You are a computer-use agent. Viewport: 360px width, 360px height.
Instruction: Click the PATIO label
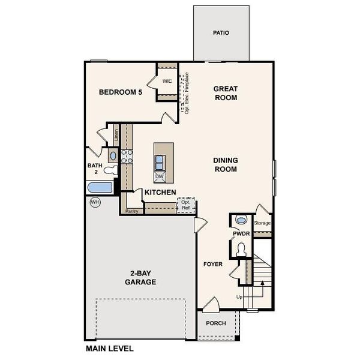221,33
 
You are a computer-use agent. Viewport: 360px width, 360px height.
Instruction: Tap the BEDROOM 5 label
121,92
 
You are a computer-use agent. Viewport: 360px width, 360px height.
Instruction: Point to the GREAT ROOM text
226,93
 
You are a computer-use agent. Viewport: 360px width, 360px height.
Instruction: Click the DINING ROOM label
226,164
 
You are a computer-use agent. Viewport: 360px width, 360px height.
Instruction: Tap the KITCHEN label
160,193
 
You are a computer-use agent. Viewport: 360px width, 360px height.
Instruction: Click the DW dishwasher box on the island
160,176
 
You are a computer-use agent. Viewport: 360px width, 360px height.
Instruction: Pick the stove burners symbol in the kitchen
127,157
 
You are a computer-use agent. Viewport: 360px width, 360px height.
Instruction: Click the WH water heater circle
95,202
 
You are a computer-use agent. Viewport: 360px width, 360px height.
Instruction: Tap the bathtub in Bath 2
100,188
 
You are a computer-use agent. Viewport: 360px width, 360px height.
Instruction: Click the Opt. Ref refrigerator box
185,205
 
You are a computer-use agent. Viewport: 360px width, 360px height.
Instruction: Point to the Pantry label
132,211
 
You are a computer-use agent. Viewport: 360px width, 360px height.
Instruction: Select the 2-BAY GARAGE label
141,277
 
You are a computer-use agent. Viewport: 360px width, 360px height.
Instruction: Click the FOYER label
212,264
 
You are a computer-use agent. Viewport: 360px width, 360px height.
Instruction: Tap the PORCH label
216,323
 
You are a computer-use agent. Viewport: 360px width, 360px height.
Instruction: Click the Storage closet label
262,223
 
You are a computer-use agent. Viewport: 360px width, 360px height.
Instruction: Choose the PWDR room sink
242,220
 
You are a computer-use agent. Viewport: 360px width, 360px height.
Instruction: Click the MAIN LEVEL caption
110,349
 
